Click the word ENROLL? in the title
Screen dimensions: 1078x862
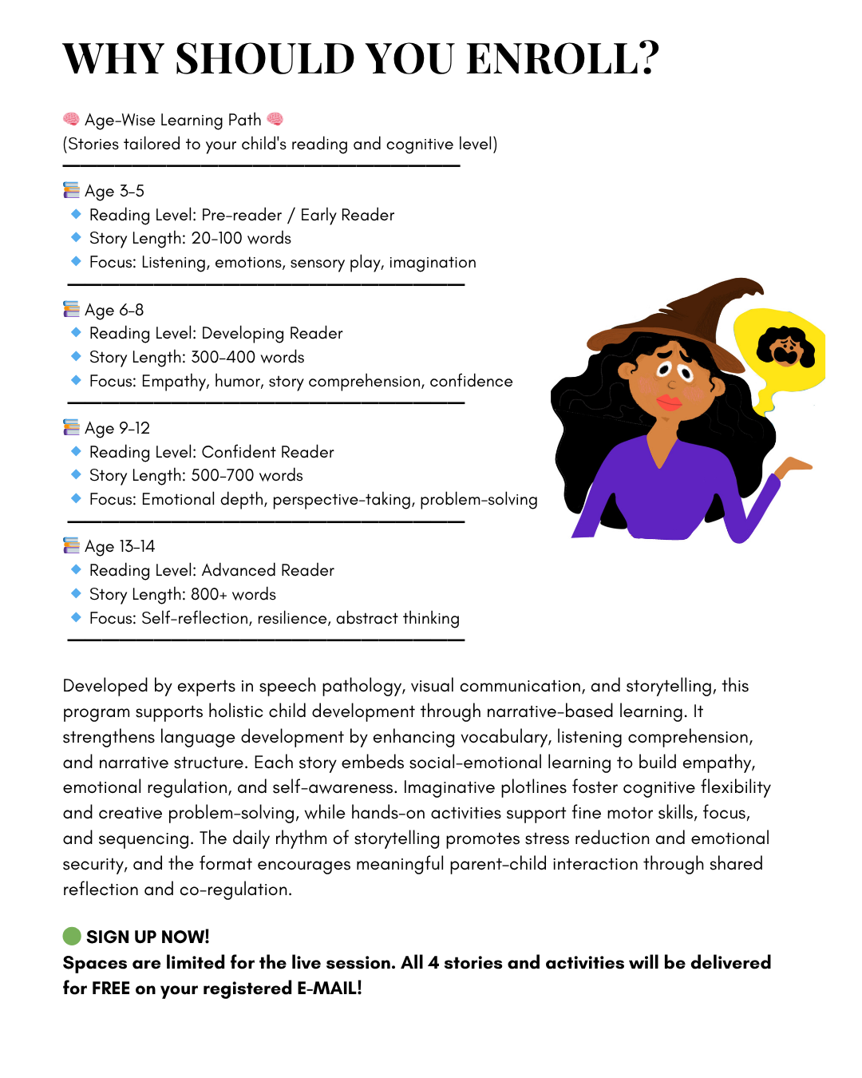[x=563, y=58]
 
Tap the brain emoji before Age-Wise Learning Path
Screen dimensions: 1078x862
[x=71, y=120]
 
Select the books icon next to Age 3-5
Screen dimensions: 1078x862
[x=71, y=190]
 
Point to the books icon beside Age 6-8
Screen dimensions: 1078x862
[x=71, y=309]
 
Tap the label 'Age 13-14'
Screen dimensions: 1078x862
[x=120, y=546]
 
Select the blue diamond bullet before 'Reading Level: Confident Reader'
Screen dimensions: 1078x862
[x=76, y=451]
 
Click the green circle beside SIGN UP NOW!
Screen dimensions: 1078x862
[x=72, y=936]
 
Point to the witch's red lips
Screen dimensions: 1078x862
[x=668, y=401]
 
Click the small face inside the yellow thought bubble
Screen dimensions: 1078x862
[x=786, y=347]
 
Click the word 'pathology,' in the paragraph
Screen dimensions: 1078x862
[x=364, y=686]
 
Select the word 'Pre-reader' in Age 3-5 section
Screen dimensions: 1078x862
[x=241, y=215]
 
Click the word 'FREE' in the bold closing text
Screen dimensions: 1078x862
[x=111, y=988]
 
